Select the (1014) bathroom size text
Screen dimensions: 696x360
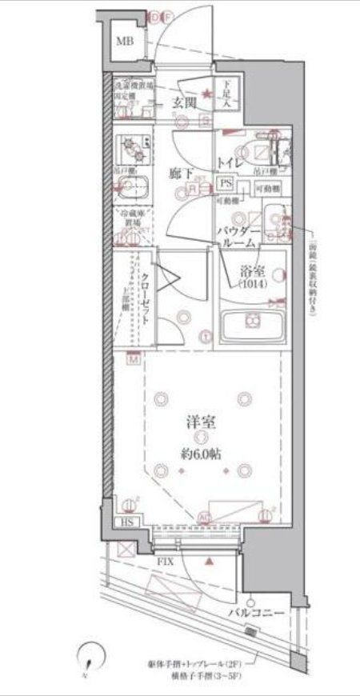[251, 284]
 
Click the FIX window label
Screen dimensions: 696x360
[164, 563]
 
